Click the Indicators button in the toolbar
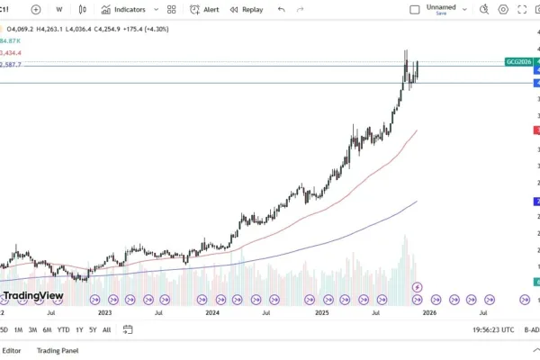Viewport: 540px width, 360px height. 123,10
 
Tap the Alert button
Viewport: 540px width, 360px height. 204,10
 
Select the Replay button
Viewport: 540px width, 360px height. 247,10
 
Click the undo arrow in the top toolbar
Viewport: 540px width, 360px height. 282,10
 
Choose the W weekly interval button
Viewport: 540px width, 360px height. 59,10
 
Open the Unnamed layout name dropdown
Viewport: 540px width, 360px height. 440,9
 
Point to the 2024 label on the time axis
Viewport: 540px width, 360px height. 212,312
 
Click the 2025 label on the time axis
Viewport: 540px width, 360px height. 321,312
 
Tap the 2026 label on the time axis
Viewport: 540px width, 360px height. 429,312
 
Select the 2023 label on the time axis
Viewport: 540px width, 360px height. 104,312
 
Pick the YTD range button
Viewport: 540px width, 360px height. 63,330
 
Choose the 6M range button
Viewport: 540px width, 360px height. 47,330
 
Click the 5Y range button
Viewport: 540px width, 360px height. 93,330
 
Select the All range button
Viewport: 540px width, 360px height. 107,330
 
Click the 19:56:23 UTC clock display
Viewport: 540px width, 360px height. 493,330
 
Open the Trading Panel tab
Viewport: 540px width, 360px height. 57,350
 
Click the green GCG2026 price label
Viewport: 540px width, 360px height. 518,61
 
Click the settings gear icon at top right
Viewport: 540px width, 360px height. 503,10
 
